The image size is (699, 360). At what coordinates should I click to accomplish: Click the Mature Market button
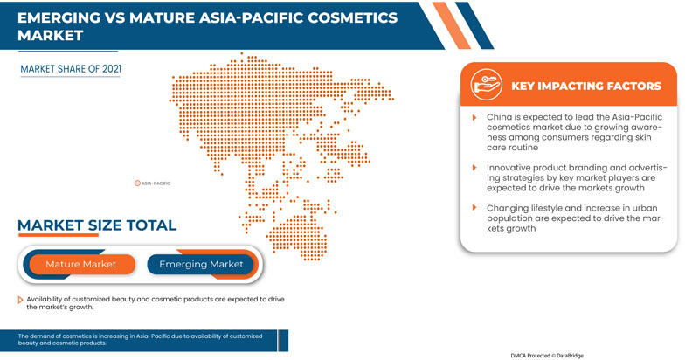80,264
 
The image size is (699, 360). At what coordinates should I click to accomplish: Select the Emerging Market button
200,264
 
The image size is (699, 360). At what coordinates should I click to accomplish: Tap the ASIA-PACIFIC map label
156,183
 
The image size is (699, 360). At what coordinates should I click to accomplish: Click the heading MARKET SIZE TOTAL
97,225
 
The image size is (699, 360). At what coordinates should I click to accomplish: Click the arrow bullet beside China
474,116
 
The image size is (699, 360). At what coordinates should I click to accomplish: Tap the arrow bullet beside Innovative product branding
474,165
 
